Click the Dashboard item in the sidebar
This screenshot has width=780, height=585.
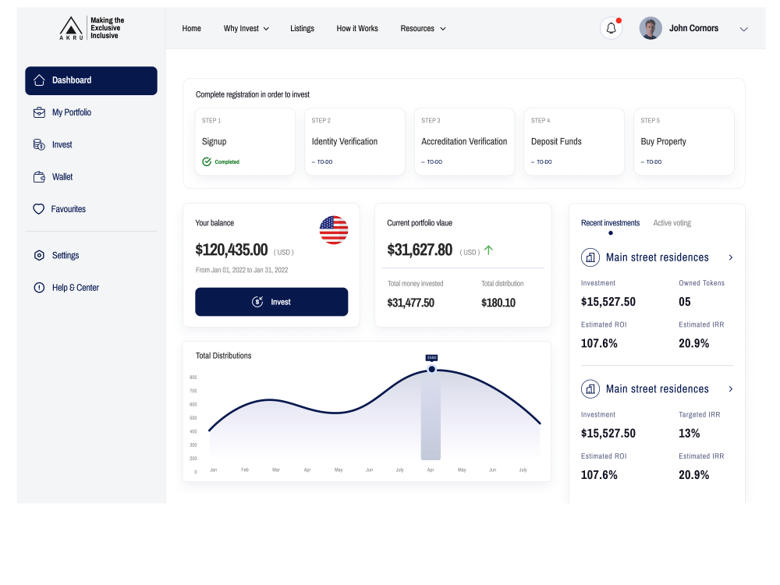(90, 80)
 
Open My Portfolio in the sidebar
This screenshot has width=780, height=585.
(71, 112)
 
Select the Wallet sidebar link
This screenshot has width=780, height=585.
(62, 177)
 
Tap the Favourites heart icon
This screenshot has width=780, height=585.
(38, 209)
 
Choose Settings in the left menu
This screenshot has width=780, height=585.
(65, 255)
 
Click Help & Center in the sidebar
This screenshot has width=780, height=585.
(75, 288)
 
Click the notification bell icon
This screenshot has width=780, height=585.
(611, 28)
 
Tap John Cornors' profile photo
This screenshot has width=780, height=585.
(651, 28)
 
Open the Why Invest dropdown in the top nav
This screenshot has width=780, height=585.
(246, 29)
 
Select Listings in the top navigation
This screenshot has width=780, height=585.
(302, 29)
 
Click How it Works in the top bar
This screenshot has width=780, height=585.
(357, 29)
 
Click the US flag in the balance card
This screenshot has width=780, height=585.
(334, 230)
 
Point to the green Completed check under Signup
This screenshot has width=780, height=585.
(207, 161)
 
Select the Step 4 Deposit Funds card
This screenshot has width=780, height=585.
(574, 142)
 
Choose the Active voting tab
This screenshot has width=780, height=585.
(672, 223)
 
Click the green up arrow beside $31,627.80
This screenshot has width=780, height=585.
(489, 250)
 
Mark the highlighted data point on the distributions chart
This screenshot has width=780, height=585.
(431, 369)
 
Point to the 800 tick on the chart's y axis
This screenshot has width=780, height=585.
(193, 378)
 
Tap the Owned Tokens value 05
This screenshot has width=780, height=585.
(684, 302)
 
